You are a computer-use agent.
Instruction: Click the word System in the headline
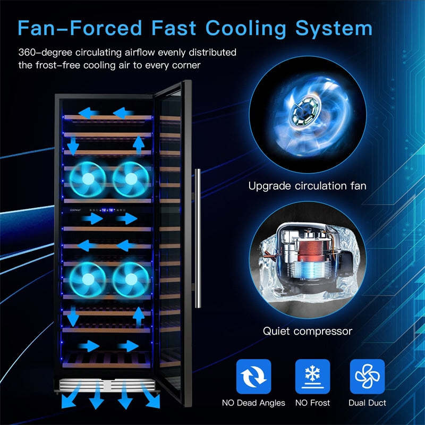[334, 29]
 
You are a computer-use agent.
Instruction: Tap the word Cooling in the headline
[246, 29]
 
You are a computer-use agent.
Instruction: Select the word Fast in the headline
[174, 28]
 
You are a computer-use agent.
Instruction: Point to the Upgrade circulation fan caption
[308, 186]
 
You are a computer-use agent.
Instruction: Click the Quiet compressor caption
[308, 331]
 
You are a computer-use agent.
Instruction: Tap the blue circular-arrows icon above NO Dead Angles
[254, 377]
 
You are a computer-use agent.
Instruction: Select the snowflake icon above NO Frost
[312, 377]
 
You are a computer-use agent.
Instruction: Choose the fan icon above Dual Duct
[367, 377]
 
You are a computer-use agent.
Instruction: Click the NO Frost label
[312, 403]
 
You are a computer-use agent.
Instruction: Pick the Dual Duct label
[367, 403]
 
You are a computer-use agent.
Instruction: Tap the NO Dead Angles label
[253, 403]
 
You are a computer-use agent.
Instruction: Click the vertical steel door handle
[198, 239]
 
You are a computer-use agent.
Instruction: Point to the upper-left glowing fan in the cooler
[88, 179]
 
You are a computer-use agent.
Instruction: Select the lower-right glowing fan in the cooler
[131, 280]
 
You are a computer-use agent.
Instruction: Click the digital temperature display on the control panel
[108, 210]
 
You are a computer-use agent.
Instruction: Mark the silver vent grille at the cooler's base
[107, 385]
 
